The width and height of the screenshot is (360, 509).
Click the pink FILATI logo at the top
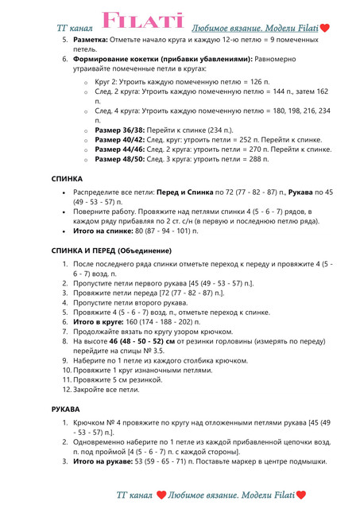point(143,19)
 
